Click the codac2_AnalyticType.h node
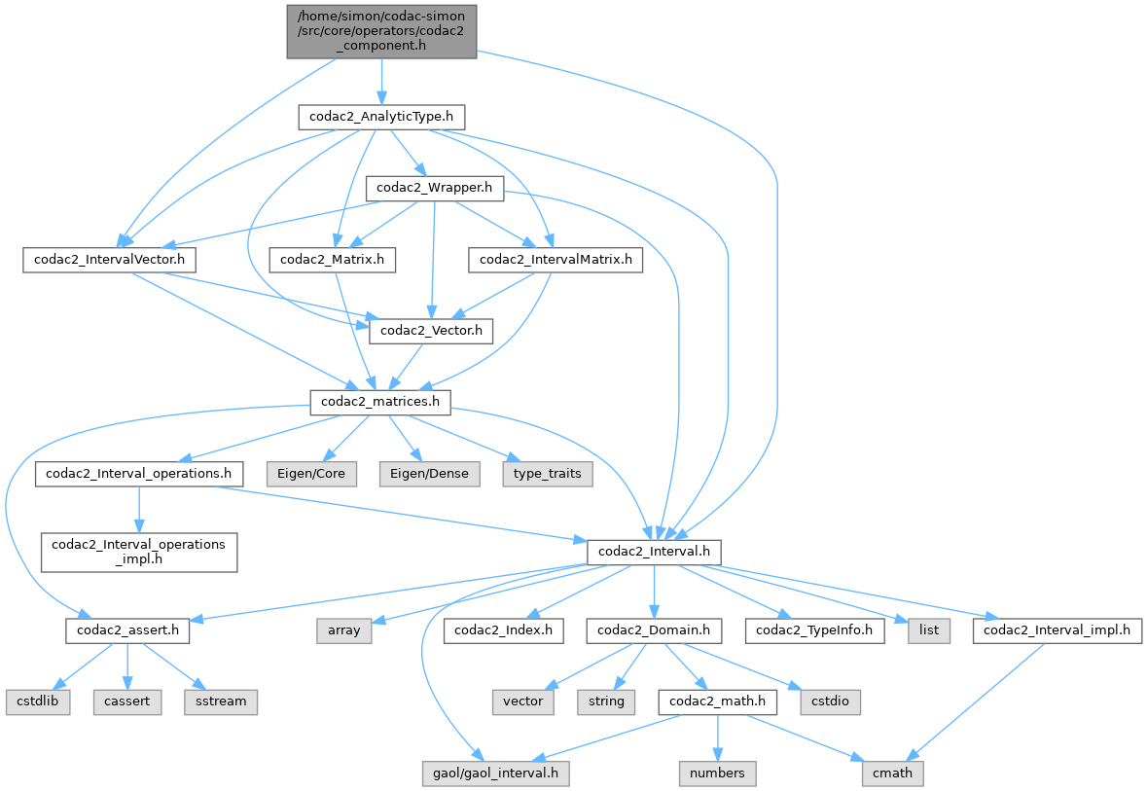[x=380, y=118]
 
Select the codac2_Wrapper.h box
[x=434, y=188]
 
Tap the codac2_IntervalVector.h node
[x=109, y=260]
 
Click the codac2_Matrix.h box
[x=332, y=260]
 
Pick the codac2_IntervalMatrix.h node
[x=555, y=260]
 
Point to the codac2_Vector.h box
[x=431, y=331]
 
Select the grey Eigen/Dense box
[x=429, y=474]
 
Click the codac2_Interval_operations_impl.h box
[x=138, y=551]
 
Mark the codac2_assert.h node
[x=127, y=629]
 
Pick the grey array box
[x=343, y=629]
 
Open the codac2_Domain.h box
[x=654, y=629]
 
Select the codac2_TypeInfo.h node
[x=815, y=629]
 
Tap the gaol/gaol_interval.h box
[x=496, y=773]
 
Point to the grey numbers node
[x=717, y=773]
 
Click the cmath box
[x=892, y=773]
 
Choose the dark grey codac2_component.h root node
[x=381, y=30]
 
